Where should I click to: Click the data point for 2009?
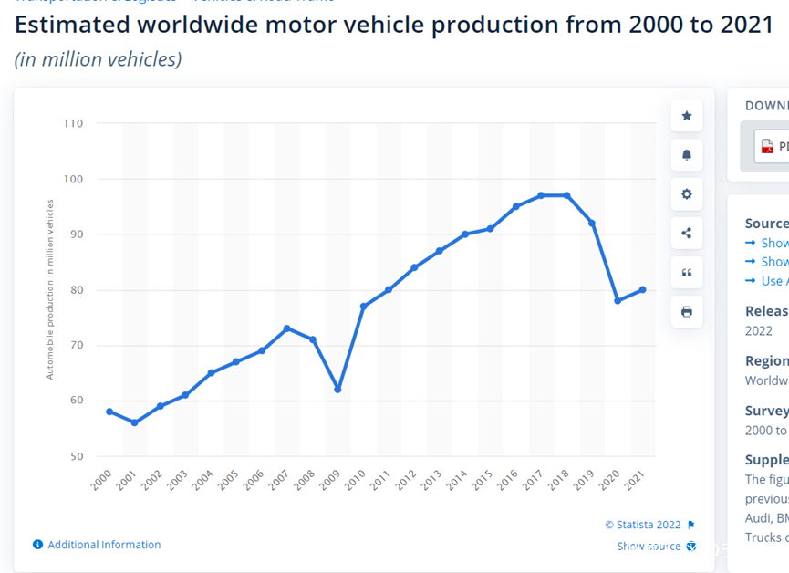point(337,390)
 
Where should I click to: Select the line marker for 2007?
point(286,328)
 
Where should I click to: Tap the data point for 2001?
point(134,422)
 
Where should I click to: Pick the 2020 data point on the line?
point(618,300)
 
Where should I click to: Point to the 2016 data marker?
point(515,207)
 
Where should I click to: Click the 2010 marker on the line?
point(363,307)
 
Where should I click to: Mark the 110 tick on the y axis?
point(73,123)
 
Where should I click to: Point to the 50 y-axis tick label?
point(75,456)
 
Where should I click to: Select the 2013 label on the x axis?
point(431,480)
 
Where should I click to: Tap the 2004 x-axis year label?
point(202,480)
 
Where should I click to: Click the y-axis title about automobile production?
point(50,290)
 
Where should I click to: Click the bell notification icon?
point(687,155)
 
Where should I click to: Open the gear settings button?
point(687,194)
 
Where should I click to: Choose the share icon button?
point(687,234)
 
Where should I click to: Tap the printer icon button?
point(687,312)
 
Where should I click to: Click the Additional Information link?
point(104,545)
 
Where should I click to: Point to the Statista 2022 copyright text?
point(643,525)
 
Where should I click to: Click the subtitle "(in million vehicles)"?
point(99,59)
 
